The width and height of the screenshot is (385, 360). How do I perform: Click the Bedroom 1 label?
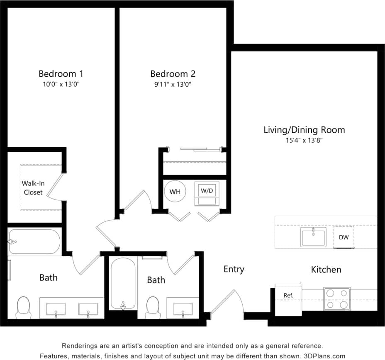tap(61, 74)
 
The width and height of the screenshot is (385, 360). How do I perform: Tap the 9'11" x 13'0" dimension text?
tap(173, 85)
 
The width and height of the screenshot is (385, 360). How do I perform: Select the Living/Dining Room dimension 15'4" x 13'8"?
tap(304, 140)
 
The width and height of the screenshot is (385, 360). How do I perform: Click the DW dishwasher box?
tap(344, 237)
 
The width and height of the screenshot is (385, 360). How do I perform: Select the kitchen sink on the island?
tap(313, 237)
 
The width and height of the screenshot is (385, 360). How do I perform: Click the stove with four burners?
tap(336, 299)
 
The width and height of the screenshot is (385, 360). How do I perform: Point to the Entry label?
tap(234, 269)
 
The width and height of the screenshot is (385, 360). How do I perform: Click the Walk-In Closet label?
tap(33, 187)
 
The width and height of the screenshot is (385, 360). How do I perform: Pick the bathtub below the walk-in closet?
tap(34, 242)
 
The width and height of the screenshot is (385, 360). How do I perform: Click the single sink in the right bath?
tap(183, 309)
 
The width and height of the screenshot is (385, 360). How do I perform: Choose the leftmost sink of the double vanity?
tap(56, 309)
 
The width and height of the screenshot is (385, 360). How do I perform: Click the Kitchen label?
tap(326, 270)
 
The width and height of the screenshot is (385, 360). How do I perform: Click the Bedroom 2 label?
tap(173, 74)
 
